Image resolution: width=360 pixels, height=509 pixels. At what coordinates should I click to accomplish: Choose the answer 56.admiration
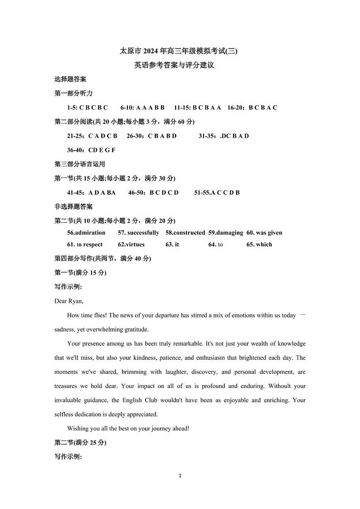[x=86, y=233]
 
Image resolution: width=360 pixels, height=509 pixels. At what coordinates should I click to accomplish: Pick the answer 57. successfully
[x=138, y=233]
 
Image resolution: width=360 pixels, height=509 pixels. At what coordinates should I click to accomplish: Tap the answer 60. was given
[x=264, y=233]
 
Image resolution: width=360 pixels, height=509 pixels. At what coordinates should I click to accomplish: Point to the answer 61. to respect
[x=85, y=245]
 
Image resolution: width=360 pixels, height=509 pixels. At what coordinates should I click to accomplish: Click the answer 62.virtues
[x=131, y=245]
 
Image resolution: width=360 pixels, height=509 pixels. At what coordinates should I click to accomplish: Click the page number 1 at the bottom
[x=180, y=476]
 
